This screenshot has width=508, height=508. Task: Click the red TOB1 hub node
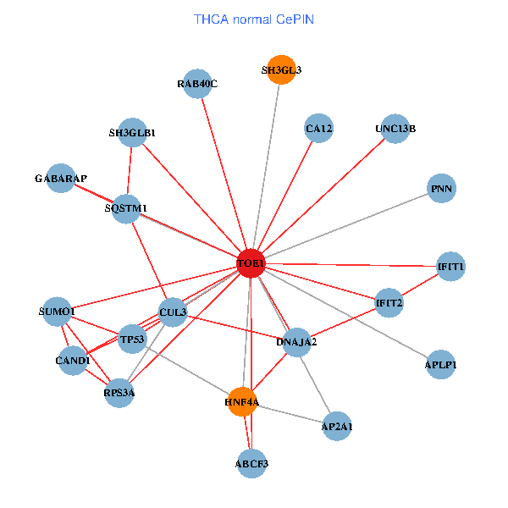tap(251, 264)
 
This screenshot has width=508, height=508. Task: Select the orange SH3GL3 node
tap(281, 70)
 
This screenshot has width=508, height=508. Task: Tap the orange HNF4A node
tap(241, 400)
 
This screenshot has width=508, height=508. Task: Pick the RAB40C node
tap(197, 83)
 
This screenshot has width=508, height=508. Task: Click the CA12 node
tap(318, 129)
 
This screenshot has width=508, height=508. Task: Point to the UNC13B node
tap(395, 129)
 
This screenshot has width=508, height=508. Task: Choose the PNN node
tap(441, 189)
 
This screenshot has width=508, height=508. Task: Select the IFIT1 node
tap(450, 267)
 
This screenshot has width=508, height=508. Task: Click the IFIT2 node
tap(389, 302)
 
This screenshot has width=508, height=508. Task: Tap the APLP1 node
tap(440, 365)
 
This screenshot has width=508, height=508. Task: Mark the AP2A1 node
tap(337, 427)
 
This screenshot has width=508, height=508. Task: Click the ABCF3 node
tap(251, 463)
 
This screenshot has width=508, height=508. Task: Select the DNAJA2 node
tap(296, 342)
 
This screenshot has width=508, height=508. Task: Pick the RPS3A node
tap(119, 392)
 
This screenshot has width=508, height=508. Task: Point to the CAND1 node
tap(73, 361)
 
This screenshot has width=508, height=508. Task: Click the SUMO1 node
tap(58, 312)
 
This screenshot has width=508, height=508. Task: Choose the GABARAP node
tap(61, 179)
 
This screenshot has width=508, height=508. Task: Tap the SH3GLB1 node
tap(132, 133)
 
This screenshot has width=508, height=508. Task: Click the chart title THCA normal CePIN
tap(254, 19)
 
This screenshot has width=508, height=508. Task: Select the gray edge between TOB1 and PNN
tap(346, 226)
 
